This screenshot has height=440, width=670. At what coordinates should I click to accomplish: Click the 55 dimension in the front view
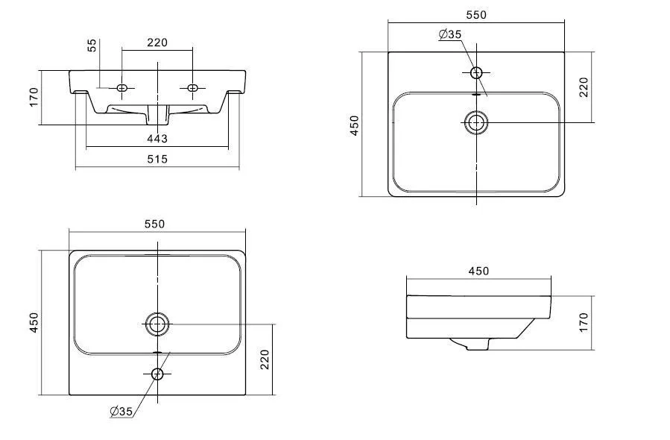tap(92, 45)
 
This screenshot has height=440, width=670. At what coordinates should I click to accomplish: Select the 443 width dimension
tap(157, 139)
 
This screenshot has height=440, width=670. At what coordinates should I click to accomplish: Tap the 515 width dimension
tap(157, 159)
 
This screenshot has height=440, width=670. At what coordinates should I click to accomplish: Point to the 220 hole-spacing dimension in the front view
tap(157, 43)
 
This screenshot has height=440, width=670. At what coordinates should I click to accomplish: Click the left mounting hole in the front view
tap(124, 88)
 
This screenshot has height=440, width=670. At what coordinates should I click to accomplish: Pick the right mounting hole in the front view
tap(192, 88)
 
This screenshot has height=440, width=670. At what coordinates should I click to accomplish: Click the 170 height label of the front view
tap(34, 97)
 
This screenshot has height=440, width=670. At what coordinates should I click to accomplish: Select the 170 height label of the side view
tap(584, 322)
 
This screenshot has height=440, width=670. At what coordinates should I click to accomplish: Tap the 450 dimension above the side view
tap(478, 270)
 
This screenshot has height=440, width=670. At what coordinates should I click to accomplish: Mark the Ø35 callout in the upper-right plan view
tap(450, 34)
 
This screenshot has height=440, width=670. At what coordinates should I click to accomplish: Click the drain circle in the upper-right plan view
tap(475, 122)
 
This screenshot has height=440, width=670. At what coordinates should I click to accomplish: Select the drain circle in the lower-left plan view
tap(157, 324)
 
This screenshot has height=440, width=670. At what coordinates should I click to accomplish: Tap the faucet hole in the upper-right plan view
tap(476, 72)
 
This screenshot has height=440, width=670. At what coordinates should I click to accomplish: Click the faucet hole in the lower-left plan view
tap(157, 374)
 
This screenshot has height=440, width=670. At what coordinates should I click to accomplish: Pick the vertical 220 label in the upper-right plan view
tap(584, 87)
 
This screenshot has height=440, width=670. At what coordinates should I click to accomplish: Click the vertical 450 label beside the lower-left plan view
tap(34, 323)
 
